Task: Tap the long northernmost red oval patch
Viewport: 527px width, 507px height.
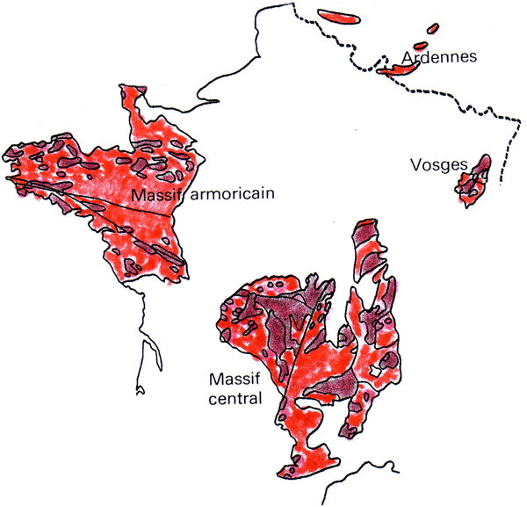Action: pyautogui.click(x=341, y=16)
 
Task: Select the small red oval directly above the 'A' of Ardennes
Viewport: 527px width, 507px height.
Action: pyautogui.click(x=420, y=45)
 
